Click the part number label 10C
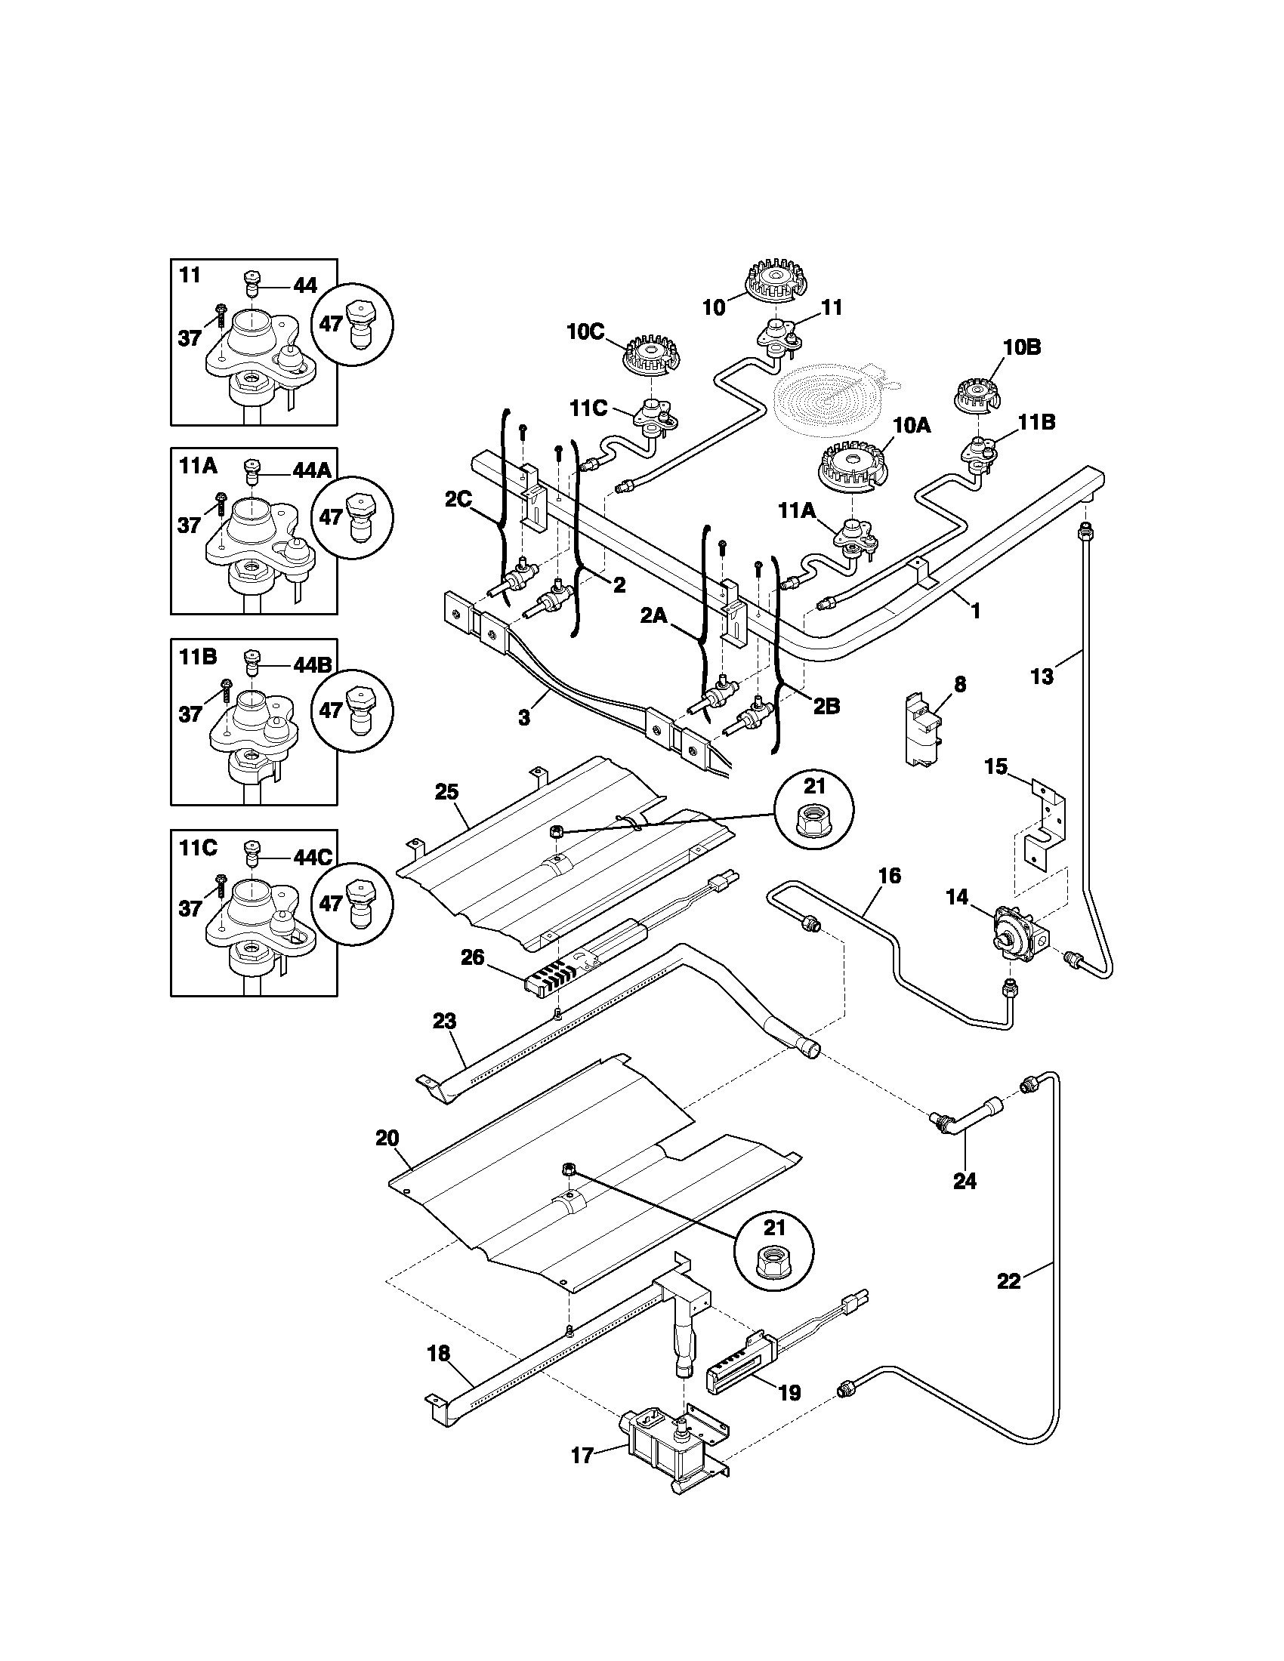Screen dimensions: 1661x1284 pyautogui.click(x=584, y=331)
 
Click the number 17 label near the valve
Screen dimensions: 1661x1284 pyautogui.click(x=582, y=1456)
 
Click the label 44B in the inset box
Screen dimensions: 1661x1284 pyautogui.click(x=313, y=664)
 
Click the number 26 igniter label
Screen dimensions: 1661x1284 pyautogui.click(x=472, y=957)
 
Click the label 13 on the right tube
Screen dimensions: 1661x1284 pyautogui.click(x=1042, y=676)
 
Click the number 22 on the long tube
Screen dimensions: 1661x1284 pyautogui.click(x=1008, y=1281)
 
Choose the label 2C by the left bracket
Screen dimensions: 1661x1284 pyautogui.click(x=458, y=499)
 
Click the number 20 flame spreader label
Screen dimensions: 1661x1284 pyautogui.click(x=387, y=1159)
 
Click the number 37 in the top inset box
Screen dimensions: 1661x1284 pyautogui.click(x=189, y=338)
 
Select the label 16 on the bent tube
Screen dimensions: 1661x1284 pyautogui.click(x=889, y=876)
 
